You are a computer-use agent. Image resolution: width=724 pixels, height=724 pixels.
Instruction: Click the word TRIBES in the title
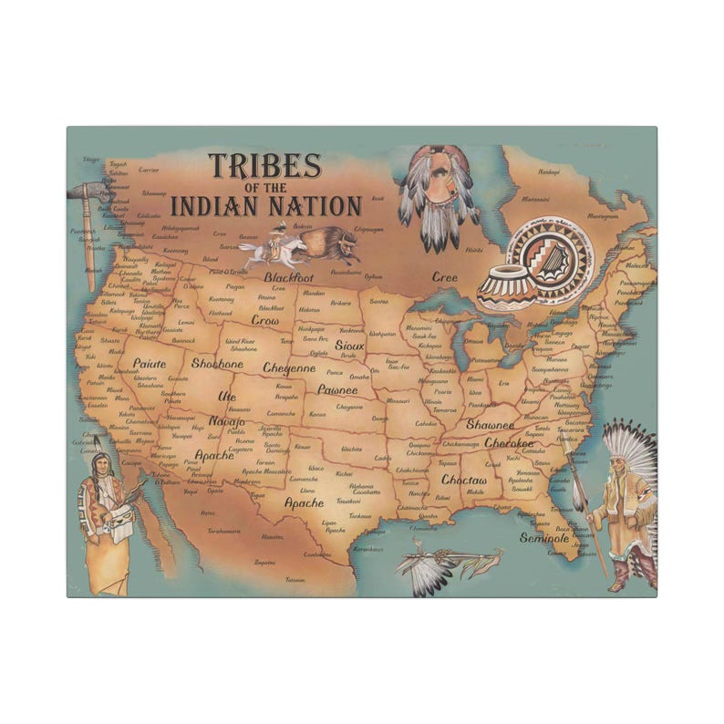[x=264, y=167]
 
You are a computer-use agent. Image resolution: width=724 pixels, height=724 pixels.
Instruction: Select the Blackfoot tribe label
[x=289, y=275]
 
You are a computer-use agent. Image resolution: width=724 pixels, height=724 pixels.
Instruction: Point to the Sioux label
[x=349, y=346]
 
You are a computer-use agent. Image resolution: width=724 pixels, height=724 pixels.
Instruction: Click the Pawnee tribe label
[x=337, y=389]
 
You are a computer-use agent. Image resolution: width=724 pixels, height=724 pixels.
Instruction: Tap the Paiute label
[x=150, y=363]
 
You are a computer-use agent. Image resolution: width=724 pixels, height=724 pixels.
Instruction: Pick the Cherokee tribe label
[x=509, y=443]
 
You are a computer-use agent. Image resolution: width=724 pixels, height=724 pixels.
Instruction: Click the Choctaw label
[x=464, y=480]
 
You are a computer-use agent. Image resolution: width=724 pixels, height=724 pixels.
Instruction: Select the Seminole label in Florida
[x=544, y=538]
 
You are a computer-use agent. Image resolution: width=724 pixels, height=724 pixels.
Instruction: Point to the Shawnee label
[x=491, y=425]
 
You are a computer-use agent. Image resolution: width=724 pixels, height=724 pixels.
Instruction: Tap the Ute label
[x=227, y=397]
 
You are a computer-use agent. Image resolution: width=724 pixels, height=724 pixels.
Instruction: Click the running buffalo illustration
[x=326, y=242]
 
